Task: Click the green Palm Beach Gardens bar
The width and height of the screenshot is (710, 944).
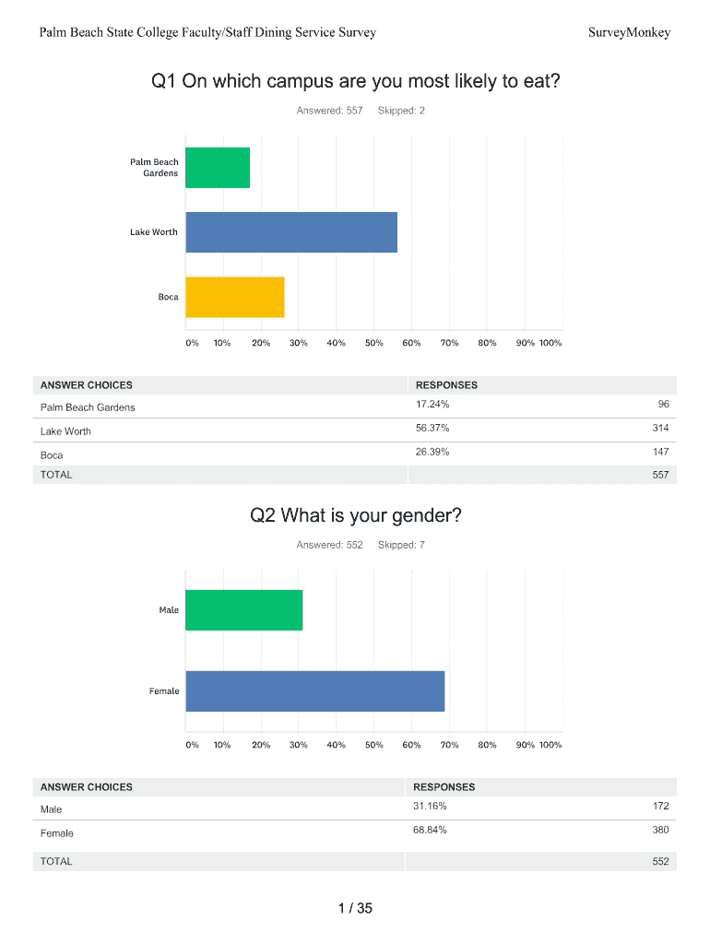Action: (218, 168)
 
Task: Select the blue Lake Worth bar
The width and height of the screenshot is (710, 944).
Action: (291, 232)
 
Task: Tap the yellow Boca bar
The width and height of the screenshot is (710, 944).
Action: (235, 297)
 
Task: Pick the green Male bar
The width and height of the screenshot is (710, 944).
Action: (244, 610)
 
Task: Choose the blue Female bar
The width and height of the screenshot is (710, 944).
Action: (315, 691)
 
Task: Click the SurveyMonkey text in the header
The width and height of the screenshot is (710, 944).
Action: (629, 33)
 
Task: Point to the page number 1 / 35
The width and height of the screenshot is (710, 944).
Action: (355, 909)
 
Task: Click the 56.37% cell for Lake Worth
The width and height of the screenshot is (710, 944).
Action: (432, 429)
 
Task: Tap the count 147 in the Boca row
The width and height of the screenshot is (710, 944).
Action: (660, 453)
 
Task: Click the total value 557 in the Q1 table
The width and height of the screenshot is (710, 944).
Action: (660, 475)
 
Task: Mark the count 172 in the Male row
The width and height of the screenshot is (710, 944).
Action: (660, 807)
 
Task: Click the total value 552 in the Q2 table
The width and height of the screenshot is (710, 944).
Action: (660, 862)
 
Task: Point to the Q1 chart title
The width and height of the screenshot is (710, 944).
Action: (355, 82)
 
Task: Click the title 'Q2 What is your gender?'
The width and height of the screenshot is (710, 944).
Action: (355, 515)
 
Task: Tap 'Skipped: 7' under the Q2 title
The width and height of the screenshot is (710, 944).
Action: (401, 545)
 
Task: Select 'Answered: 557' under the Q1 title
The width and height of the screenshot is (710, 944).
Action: (329, 111)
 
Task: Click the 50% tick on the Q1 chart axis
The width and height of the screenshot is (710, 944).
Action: (373, 343)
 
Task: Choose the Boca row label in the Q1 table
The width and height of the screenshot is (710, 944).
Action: (53, 455)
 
